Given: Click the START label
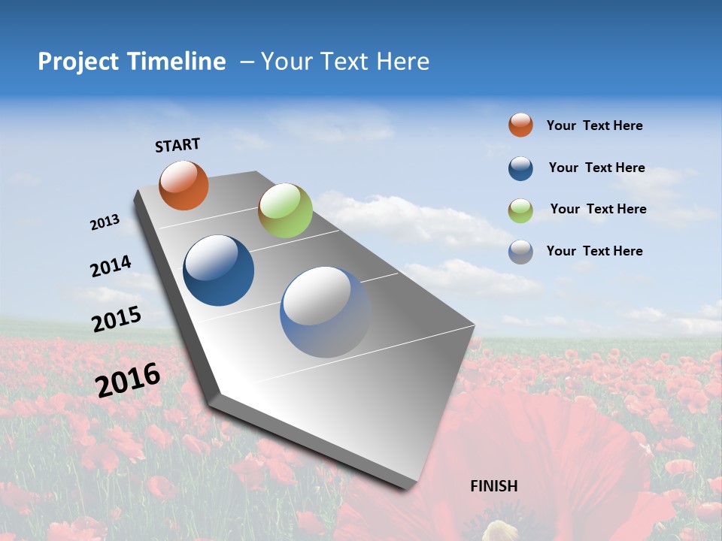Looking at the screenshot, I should [177, 145].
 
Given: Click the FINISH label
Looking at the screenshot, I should [493, 486].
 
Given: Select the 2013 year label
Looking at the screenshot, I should [105, 222].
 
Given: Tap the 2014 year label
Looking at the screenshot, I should [111, 267].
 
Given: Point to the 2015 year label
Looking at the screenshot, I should [117, 319].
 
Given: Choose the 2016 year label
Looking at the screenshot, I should [128, 380].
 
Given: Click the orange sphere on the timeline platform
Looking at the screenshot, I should [184, 186].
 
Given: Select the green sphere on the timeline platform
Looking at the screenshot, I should [285, 210].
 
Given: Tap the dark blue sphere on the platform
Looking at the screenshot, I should [218, 270].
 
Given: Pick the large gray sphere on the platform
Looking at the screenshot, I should [325, 312].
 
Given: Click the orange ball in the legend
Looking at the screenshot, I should [520, 125].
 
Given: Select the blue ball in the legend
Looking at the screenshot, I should [520, 168].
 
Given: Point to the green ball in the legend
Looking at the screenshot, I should [520, 210].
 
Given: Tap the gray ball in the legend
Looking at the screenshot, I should [520, 252].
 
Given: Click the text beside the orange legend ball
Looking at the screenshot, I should [594, 125].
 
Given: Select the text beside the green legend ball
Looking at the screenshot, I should [598, 209].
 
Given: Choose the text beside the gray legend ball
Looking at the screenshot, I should [594, 251].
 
